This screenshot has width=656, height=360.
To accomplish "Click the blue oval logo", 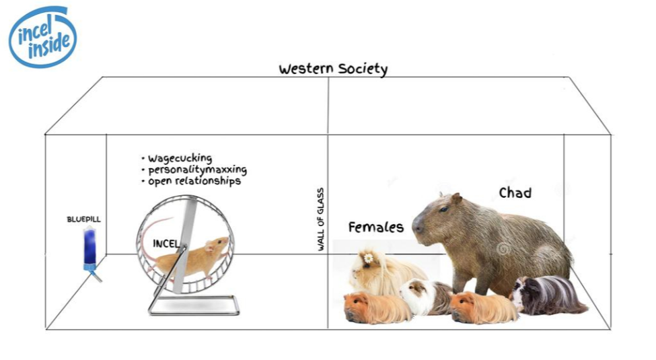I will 42,37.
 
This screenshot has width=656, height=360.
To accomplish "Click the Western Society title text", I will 333,69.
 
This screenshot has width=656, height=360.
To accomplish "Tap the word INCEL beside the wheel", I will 165,243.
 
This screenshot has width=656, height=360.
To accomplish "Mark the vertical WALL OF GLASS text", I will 321,219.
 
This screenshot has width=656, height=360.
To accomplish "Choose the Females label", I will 375,227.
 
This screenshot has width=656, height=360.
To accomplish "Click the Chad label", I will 515,193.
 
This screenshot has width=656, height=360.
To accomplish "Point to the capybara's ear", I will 457,199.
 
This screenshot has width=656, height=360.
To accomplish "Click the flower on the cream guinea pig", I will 368,258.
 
